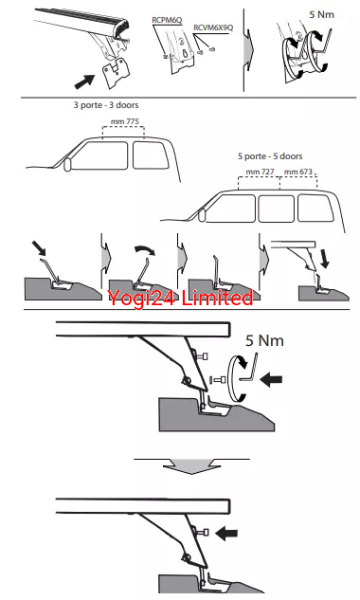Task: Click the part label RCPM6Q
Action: point(167,20)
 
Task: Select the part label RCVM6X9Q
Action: point(213,27)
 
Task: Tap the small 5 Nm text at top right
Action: point(321,14)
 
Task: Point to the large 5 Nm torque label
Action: point(264,340)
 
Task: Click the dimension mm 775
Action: point(125,121)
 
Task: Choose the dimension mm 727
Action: point(261,172)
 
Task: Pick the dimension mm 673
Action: point(298,172)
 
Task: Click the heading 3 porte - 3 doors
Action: point(106,105)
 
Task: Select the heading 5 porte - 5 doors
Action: point(270,156)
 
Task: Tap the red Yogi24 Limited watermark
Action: point(180,298)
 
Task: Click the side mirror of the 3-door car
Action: point(67,164)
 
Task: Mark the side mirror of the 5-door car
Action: point(202,215)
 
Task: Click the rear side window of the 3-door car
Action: point(151,155)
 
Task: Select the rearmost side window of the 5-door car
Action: point(315,208)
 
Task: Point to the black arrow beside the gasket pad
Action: point(84,82)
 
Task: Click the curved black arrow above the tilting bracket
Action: point(145,250)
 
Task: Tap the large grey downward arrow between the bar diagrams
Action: point(191,466)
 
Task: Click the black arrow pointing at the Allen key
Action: point(271,379)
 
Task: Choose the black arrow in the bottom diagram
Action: point(226,533)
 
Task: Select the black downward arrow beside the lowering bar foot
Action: point(324,259)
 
